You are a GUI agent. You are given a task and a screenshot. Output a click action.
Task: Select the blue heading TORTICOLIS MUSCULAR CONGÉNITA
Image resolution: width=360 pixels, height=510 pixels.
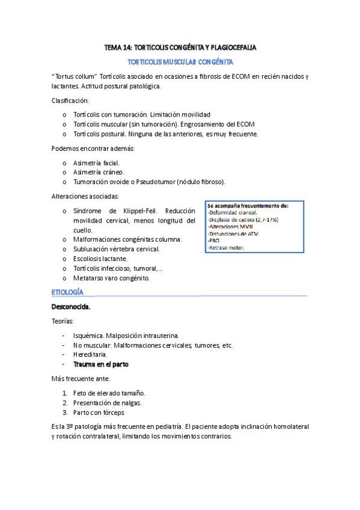tap(181, 62)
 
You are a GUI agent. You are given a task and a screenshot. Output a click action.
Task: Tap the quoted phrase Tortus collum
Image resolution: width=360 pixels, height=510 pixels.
tap(76, 77)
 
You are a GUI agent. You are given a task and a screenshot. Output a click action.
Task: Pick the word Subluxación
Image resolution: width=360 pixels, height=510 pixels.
tap(93, 249)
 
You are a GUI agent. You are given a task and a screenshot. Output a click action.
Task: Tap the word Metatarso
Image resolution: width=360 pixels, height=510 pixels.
tap(90, 278)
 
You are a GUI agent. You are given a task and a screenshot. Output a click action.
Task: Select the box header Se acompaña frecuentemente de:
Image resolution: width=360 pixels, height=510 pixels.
tap(248, 206)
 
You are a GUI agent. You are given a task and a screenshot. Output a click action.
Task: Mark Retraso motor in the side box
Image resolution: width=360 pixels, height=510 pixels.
tap(226, 247)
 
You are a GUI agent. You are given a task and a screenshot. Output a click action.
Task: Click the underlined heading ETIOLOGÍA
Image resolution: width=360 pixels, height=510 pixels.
tap(68, 292)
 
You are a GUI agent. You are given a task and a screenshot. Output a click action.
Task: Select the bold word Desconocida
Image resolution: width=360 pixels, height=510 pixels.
tap(72, 307)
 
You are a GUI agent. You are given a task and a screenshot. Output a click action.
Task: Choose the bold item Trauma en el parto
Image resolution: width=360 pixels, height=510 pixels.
tap(100, 364)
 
